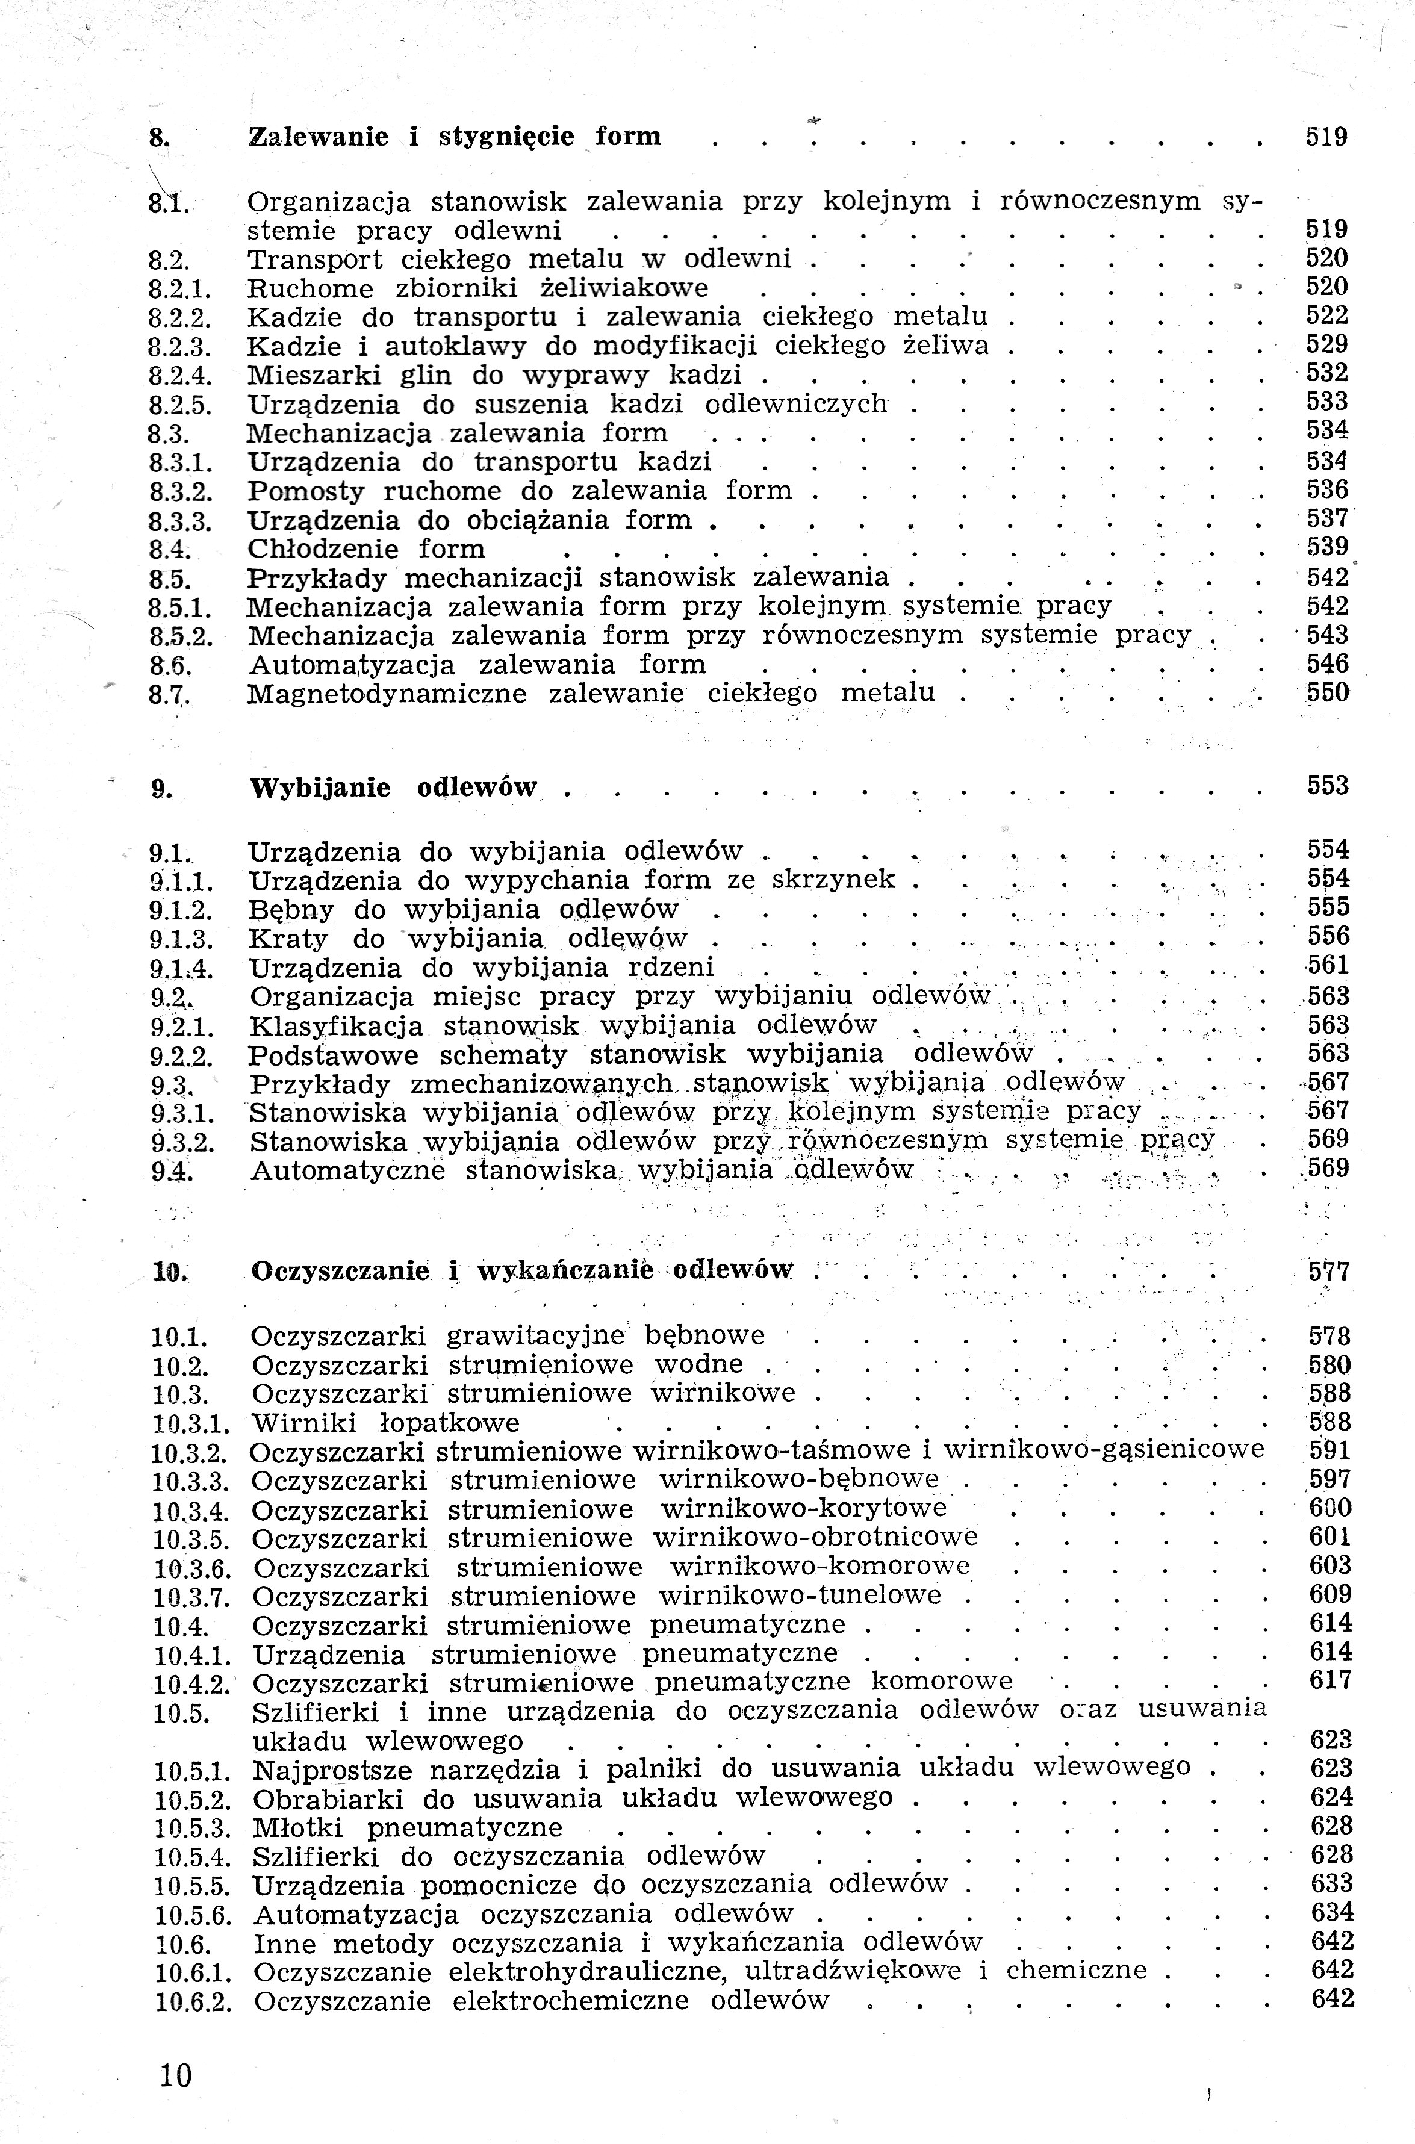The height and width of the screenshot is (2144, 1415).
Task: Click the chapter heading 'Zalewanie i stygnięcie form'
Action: [454, 137]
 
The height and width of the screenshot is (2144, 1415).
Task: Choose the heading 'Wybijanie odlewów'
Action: [393, 788]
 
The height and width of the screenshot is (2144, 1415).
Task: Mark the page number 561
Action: [1328, 966]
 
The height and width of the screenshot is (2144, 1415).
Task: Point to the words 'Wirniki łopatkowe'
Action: [385, 1424]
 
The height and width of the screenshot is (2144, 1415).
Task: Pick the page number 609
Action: [1330, 1594]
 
